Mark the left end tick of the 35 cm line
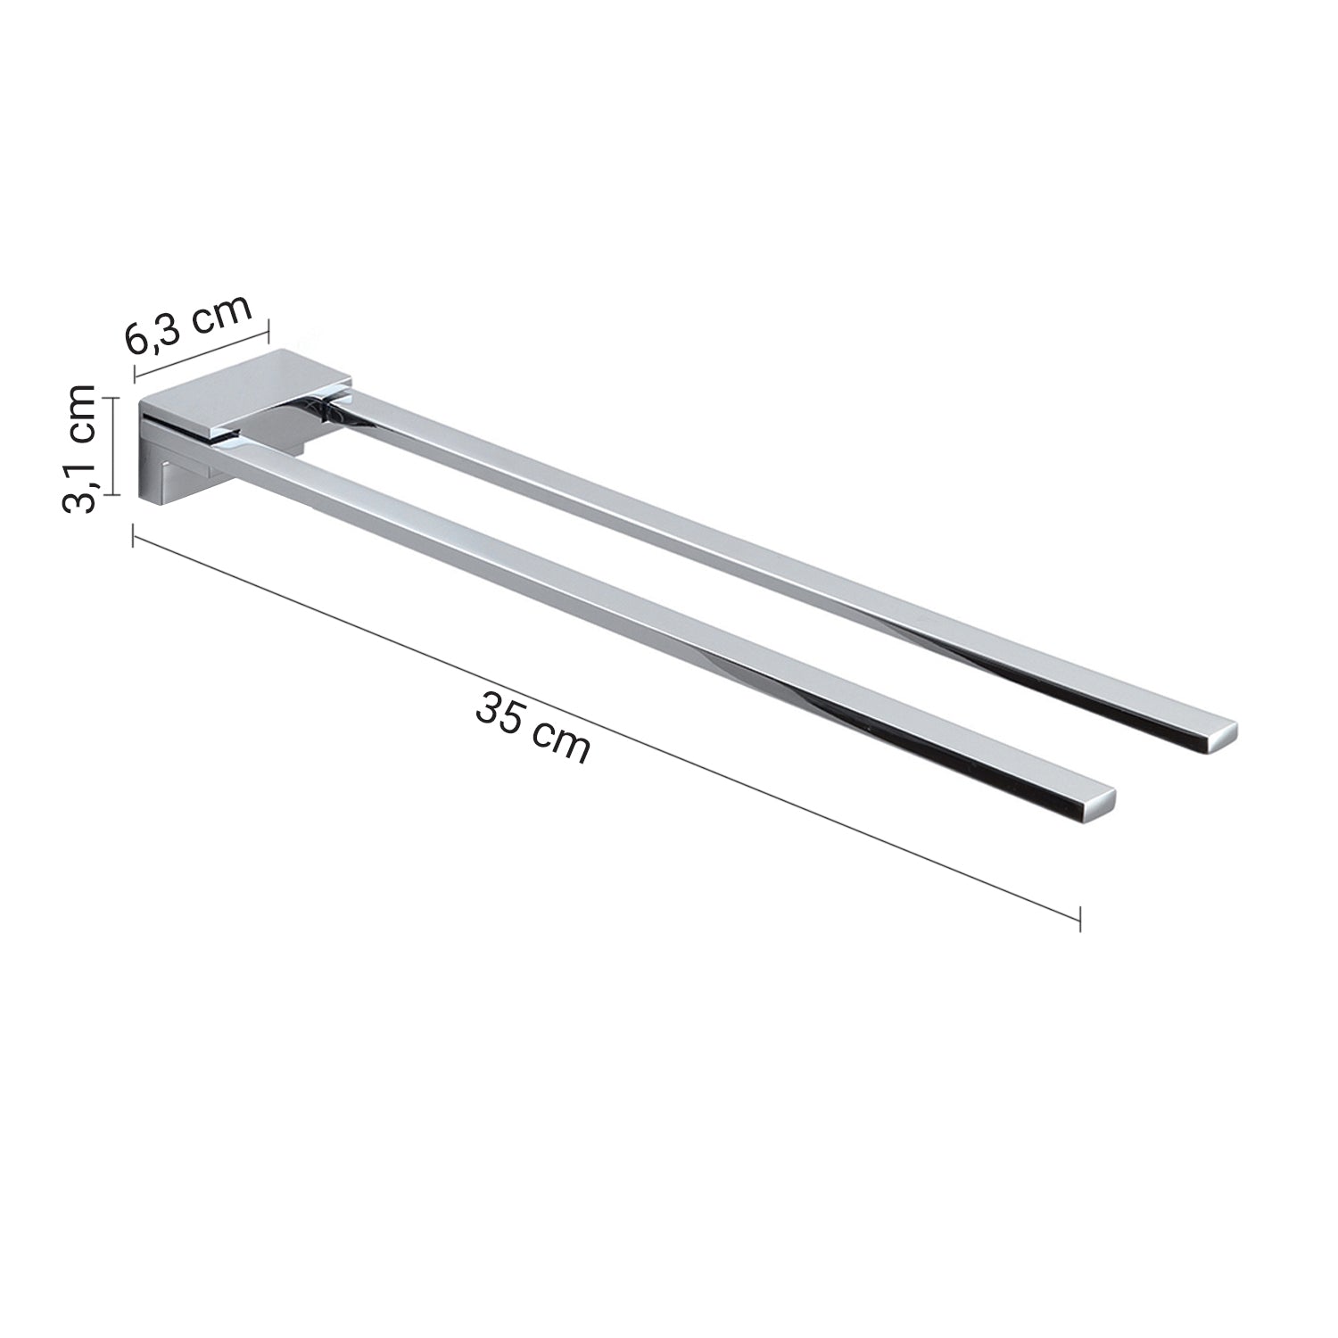pos(134,535)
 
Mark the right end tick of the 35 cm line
pos(1080,918)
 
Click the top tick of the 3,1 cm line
pos(111,397)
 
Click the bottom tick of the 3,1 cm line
pos(111,493)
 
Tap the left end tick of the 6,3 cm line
pos(135,374)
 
